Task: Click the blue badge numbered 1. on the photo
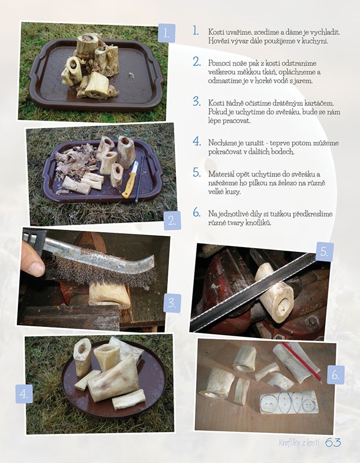167,33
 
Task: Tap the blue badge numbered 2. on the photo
172,221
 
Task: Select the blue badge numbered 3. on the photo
172,303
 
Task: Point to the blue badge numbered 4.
24,394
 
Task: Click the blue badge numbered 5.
325,252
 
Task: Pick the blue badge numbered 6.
336,374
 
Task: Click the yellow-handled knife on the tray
131,179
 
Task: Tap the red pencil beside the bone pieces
302,361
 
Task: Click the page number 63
333,443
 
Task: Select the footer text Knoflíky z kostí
299,443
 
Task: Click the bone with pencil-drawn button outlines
289,402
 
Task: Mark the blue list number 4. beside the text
197,141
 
